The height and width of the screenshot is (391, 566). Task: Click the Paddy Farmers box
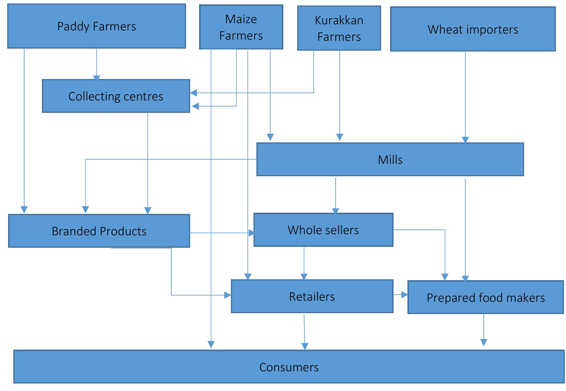(96, 26)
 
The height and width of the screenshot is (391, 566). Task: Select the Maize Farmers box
(241, 27)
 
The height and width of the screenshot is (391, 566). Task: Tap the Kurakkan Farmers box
(339, 28)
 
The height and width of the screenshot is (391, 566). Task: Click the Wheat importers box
(473, 30)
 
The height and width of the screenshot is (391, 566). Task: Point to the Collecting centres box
(116, 96)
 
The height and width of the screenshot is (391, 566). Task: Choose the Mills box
(390, 159)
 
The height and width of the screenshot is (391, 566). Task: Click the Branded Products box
(99, 231)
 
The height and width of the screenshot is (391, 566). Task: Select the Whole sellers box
(323, 230)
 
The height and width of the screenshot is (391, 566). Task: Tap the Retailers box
(312, 296)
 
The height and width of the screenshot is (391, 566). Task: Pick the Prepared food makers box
(485, 298)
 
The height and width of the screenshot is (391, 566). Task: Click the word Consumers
(288, 367)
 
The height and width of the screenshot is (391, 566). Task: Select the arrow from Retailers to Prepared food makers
(400, 295)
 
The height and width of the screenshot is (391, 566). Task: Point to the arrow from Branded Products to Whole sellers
(222, 233)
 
